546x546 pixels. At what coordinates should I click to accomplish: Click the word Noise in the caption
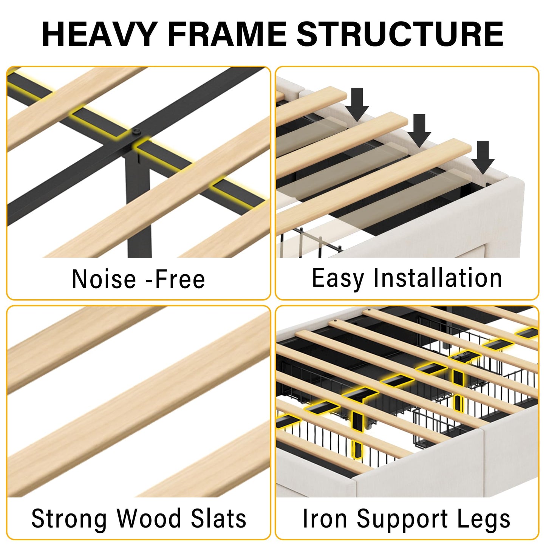pyautogui.click(x=104, y=279)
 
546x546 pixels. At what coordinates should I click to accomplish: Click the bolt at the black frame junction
pyautogui.click(x=137, y=132)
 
